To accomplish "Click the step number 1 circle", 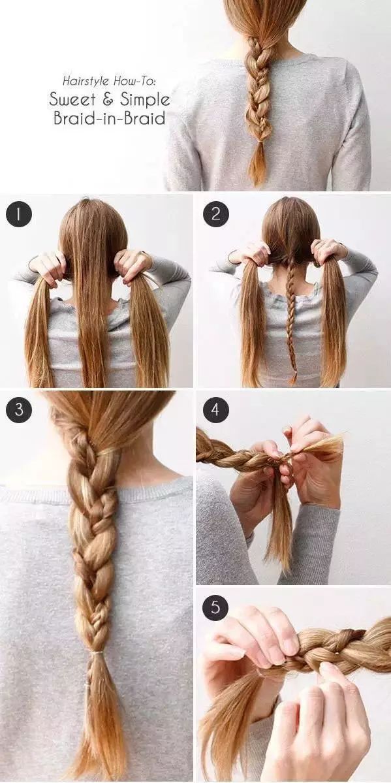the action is pyautogui.click(x=19, y=214).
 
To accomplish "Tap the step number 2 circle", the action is pyautogui.click(x=215, y=214).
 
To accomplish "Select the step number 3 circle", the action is pyautogui.click(x=19, y=410).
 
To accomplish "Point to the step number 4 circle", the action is pyautogui.click(x=215, y=410).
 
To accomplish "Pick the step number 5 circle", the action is pyautogui.click(x=215, y=608).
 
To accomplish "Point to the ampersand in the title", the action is pyautogui.click(x=107, y=99).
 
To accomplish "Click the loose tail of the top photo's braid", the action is pyautogui.click(x=258, y=163).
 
